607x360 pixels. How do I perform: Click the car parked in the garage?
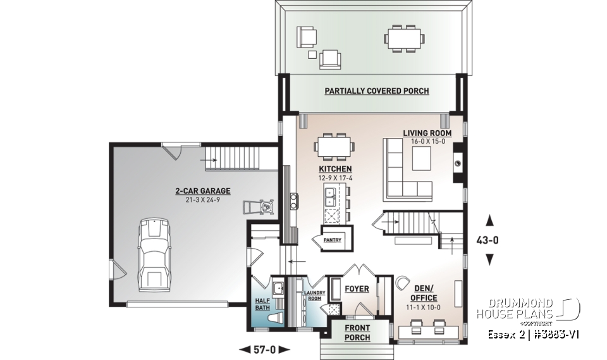click(154, 253)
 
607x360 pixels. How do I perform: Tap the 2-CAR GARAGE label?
click(203, 190)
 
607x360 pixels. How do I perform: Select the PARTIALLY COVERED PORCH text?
click(377, 91)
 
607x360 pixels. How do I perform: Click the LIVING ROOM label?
click(427, 133)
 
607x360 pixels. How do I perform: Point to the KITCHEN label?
click(335, 170)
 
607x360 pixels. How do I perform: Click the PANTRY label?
click(332, 240)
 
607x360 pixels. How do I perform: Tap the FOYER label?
click(357, 289)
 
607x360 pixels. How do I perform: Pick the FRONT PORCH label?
click(357, 333)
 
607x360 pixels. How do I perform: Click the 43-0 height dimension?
click(489, 240)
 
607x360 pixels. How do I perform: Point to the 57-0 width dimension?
click(266, 349)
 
